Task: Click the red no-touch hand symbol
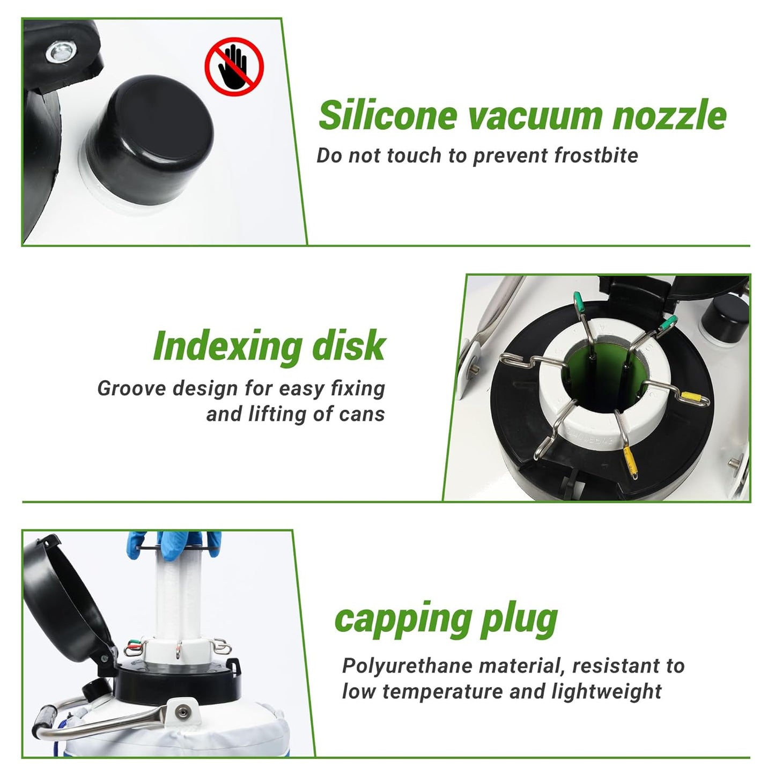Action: click(x=234, y=67)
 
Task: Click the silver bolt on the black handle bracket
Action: click(x=61, y=52)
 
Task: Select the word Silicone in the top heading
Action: click(x=388, y=115)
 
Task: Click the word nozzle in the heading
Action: click(x=669, y=115)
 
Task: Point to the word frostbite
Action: click(x=596, y=156)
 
